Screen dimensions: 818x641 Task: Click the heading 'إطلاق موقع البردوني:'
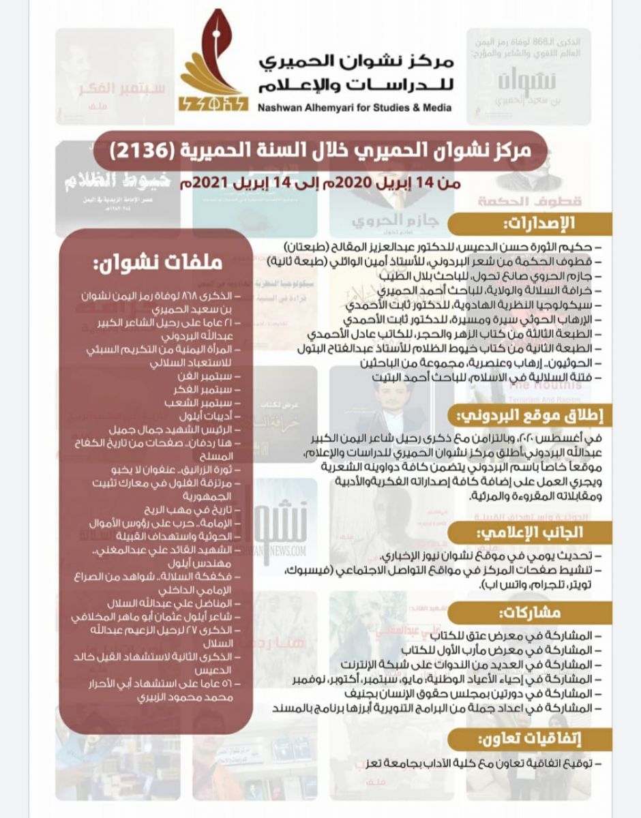tap(529, 414)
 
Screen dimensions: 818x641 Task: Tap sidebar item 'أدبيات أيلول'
tap(209, 416)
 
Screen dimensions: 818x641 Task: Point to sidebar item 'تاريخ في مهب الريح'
tap(192, 510)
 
